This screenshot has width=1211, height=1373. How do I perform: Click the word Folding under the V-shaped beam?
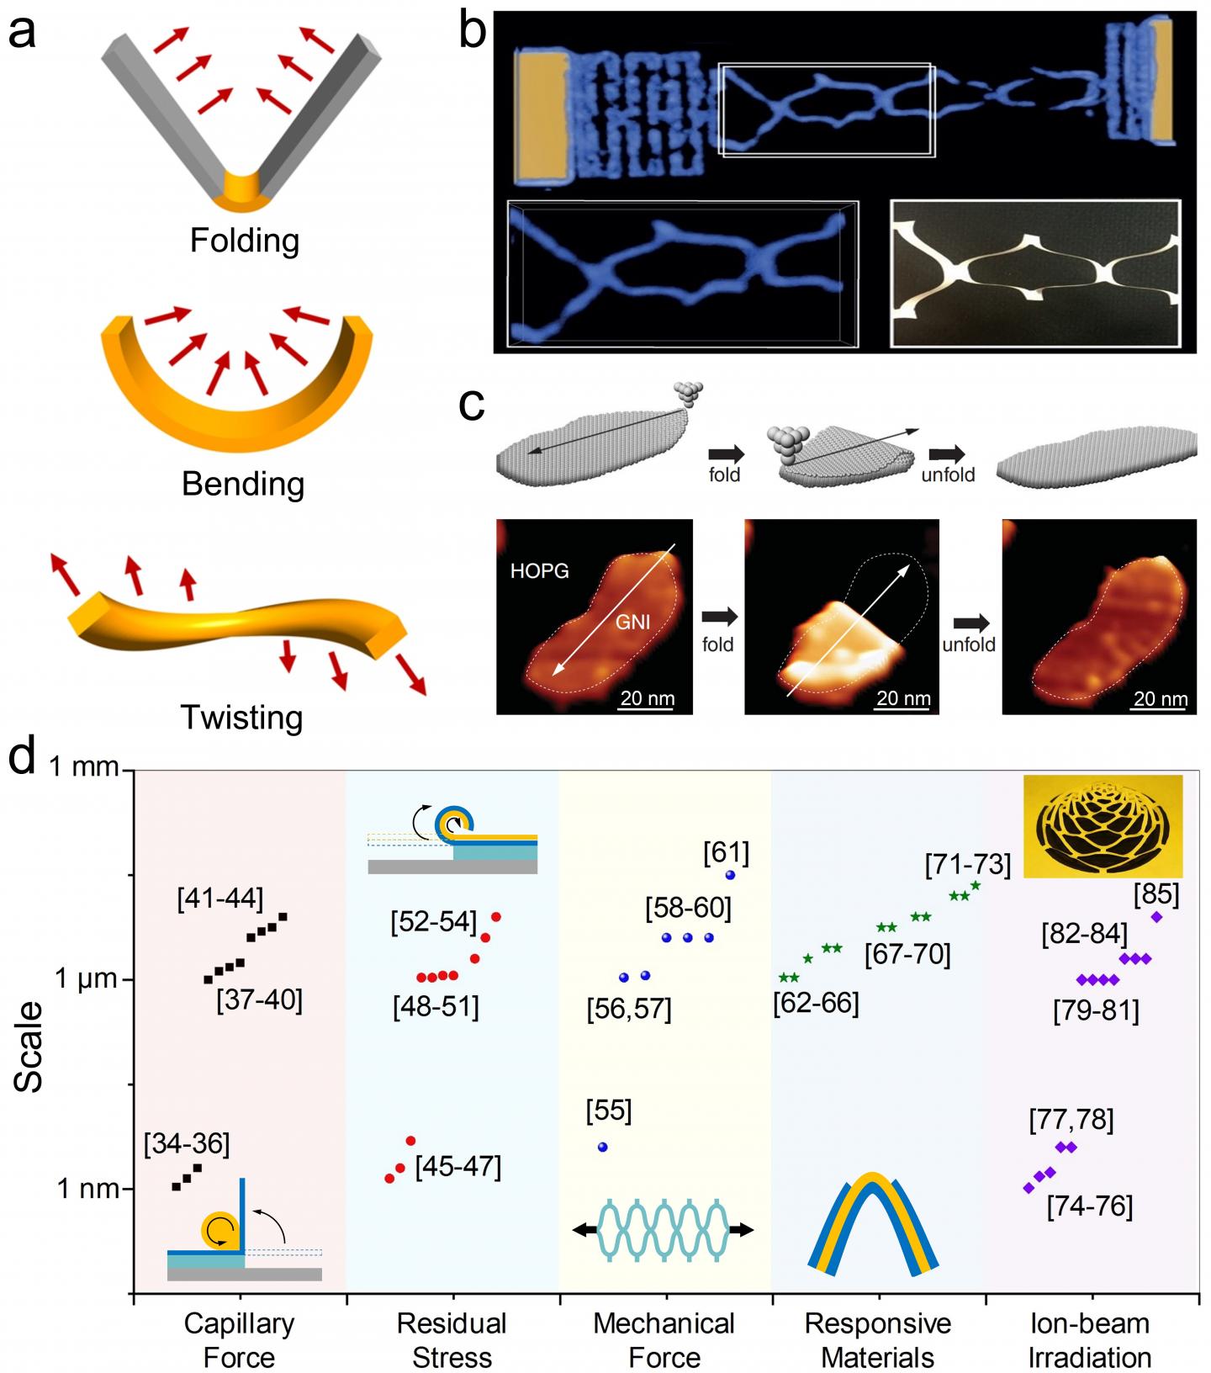(244, 241)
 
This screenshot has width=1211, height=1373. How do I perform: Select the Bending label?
(243, 485)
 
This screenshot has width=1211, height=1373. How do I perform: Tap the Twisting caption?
(241, 718)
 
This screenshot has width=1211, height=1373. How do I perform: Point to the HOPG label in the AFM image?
(540, 571)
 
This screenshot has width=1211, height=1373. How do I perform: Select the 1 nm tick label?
(87, 1189)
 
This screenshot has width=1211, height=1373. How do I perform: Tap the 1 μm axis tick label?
(87, 978)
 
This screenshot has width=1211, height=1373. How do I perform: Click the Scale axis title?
(29, 1047)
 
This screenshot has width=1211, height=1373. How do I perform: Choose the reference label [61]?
(727, 854)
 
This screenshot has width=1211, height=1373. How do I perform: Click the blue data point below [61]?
(730, 876)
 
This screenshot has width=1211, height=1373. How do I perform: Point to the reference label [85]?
(1156, 894)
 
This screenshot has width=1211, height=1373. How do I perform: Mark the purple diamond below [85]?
(1156, 917)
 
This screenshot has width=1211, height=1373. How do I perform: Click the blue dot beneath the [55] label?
(602, 1148)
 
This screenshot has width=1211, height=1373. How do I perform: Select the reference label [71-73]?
(968, 865)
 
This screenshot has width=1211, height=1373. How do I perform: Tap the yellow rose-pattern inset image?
(1103, 826)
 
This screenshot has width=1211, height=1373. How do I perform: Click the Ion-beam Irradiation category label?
(1090, 1340)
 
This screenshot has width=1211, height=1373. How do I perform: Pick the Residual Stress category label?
(452, 1340)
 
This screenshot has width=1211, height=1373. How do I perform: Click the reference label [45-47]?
(458, 1168)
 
